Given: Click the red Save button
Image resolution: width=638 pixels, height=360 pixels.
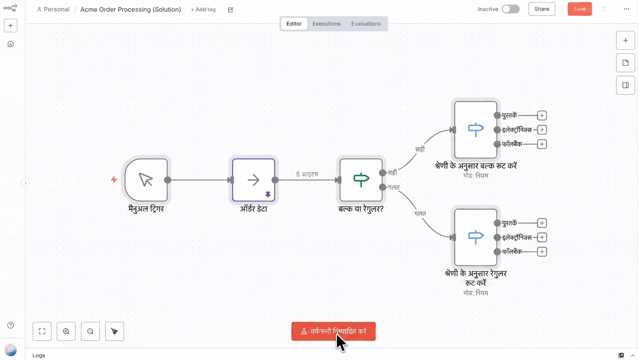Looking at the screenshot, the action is pos(579,9).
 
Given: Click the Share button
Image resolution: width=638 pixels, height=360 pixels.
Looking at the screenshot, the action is pos(542,9).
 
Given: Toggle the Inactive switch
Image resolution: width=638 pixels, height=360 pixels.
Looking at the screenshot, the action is pos(511,9).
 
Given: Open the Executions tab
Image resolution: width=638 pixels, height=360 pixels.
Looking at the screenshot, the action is pos(326,23).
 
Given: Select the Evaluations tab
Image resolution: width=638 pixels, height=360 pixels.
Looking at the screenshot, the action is pos(366,23).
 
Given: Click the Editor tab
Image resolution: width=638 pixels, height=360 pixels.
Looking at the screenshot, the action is pos(294,23).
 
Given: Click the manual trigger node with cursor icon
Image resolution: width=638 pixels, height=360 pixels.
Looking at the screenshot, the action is pos(146,180).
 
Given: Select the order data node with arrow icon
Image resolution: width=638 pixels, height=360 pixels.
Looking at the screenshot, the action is pos(253,180).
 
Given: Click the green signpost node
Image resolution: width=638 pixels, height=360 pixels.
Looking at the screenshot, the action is pos(361,180).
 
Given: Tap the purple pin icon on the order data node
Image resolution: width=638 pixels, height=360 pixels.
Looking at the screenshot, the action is pos(268,195).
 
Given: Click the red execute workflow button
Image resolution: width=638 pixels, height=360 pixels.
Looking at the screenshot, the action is pos(333,331).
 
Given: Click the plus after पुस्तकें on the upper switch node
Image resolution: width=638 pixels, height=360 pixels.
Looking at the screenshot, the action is pos(542,115).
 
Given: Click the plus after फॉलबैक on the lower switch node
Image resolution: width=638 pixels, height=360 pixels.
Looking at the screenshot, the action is pos(542,252).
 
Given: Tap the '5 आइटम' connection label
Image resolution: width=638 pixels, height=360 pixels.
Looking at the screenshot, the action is pos(307,174).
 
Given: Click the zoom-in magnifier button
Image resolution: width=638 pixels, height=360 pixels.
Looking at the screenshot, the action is pos(66,331).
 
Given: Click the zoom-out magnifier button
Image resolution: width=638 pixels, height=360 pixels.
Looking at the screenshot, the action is pos(90,331).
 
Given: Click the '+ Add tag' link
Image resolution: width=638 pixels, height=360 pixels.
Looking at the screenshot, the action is pos(203,9).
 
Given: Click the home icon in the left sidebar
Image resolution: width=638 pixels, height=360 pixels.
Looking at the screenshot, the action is pos(10,44).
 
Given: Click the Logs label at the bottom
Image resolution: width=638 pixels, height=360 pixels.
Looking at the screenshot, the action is pos(39,355).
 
